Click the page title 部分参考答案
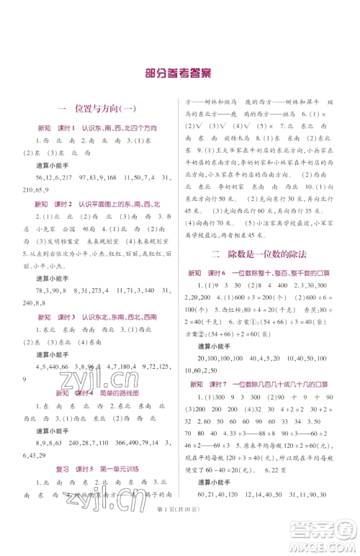click(x=180, y=73)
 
